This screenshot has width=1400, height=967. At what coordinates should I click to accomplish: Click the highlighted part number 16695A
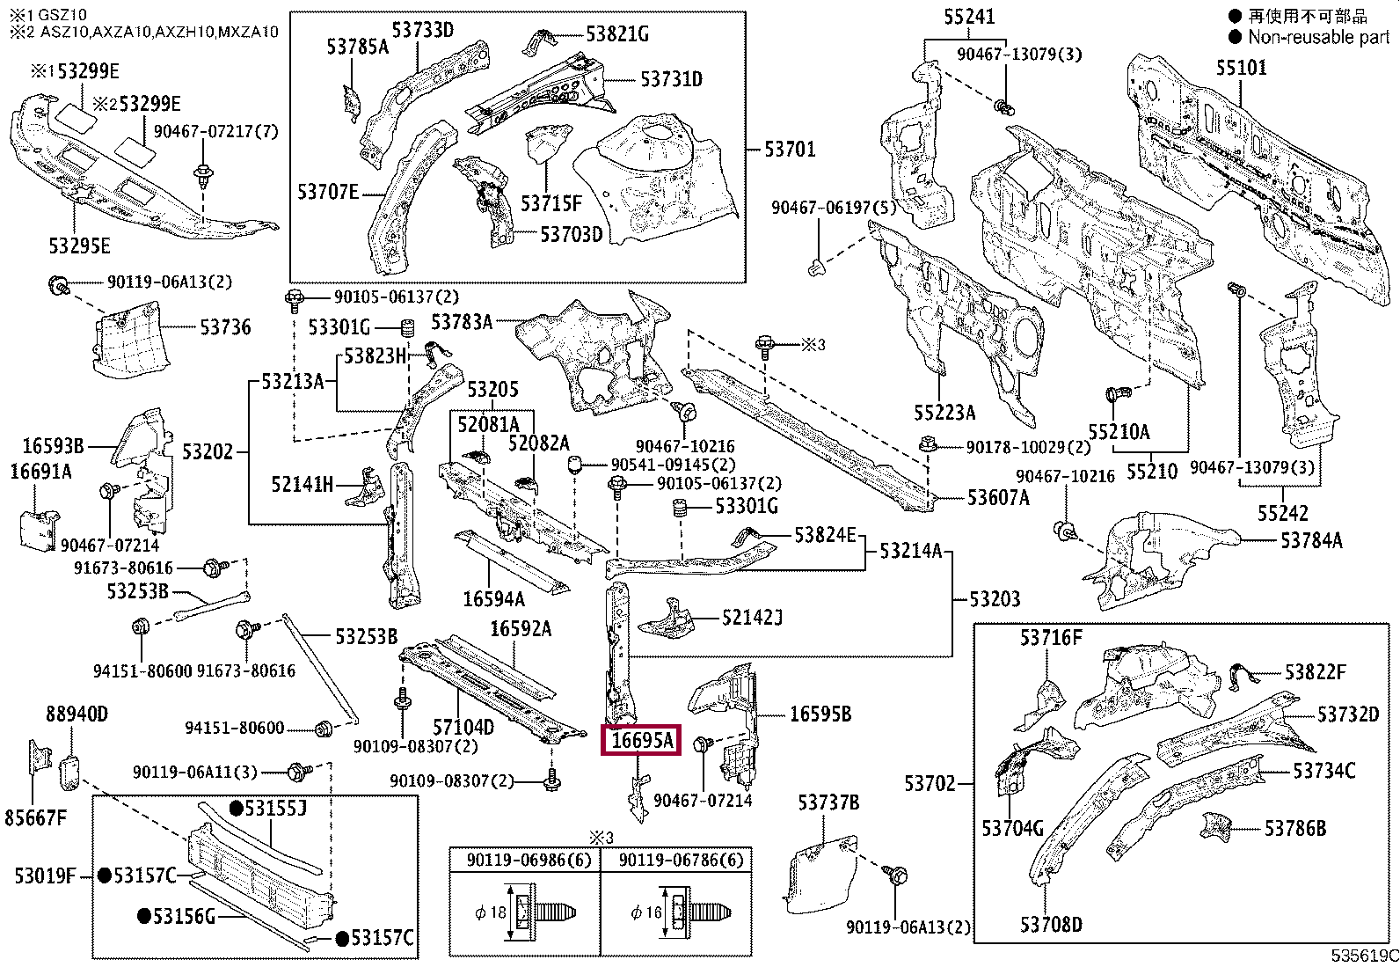click(641, 740)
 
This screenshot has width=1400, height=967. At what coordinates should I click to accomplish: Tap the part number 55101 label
click(1241, 67)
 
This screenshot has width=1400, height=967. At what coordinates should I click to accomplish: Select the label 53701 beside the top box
click(790, 149)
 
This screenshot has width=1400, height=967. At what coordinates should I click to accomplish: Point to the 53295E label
click(79, 245)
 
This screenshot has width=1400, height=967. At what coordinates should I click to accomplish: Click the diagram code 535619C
click(1364, 956)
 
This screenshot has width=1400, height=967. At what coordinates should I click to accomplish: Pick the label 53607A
click(998, 497)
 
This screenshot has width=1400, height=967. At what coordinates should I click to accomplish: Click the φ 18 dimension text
click(491, 912)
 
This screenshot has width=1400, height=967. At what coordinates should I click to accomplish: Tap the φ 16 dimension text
click(646, 912)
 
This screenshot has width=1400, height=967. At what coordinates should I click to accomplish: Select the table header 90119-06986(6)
click(529, 861)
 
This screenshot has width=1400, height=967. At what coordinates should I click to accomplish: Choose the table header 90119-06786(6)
click(682, 861)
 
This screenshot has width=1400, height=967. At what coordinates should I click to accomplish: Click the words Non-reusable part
click(1319, 37)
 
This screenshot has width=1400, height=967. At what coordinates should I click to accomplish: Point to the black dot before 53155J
click(237, 809)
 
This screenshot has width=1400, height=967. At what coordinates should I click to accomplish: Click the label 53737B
click(828, 802)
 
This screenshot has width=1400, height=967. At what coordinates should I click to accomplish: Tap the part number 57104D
click(463, 727)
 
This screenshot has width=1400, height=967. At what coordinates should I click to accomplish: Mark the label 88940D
click(77, 713)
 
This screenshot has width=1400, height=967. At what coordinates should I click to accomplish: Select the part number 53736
click(225, 326)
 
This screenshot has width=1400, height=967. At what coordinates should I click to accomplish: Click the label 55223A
click(944, 412)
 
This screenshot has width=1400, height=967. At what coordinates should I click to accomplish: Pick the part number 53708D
click(1051, 925)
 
